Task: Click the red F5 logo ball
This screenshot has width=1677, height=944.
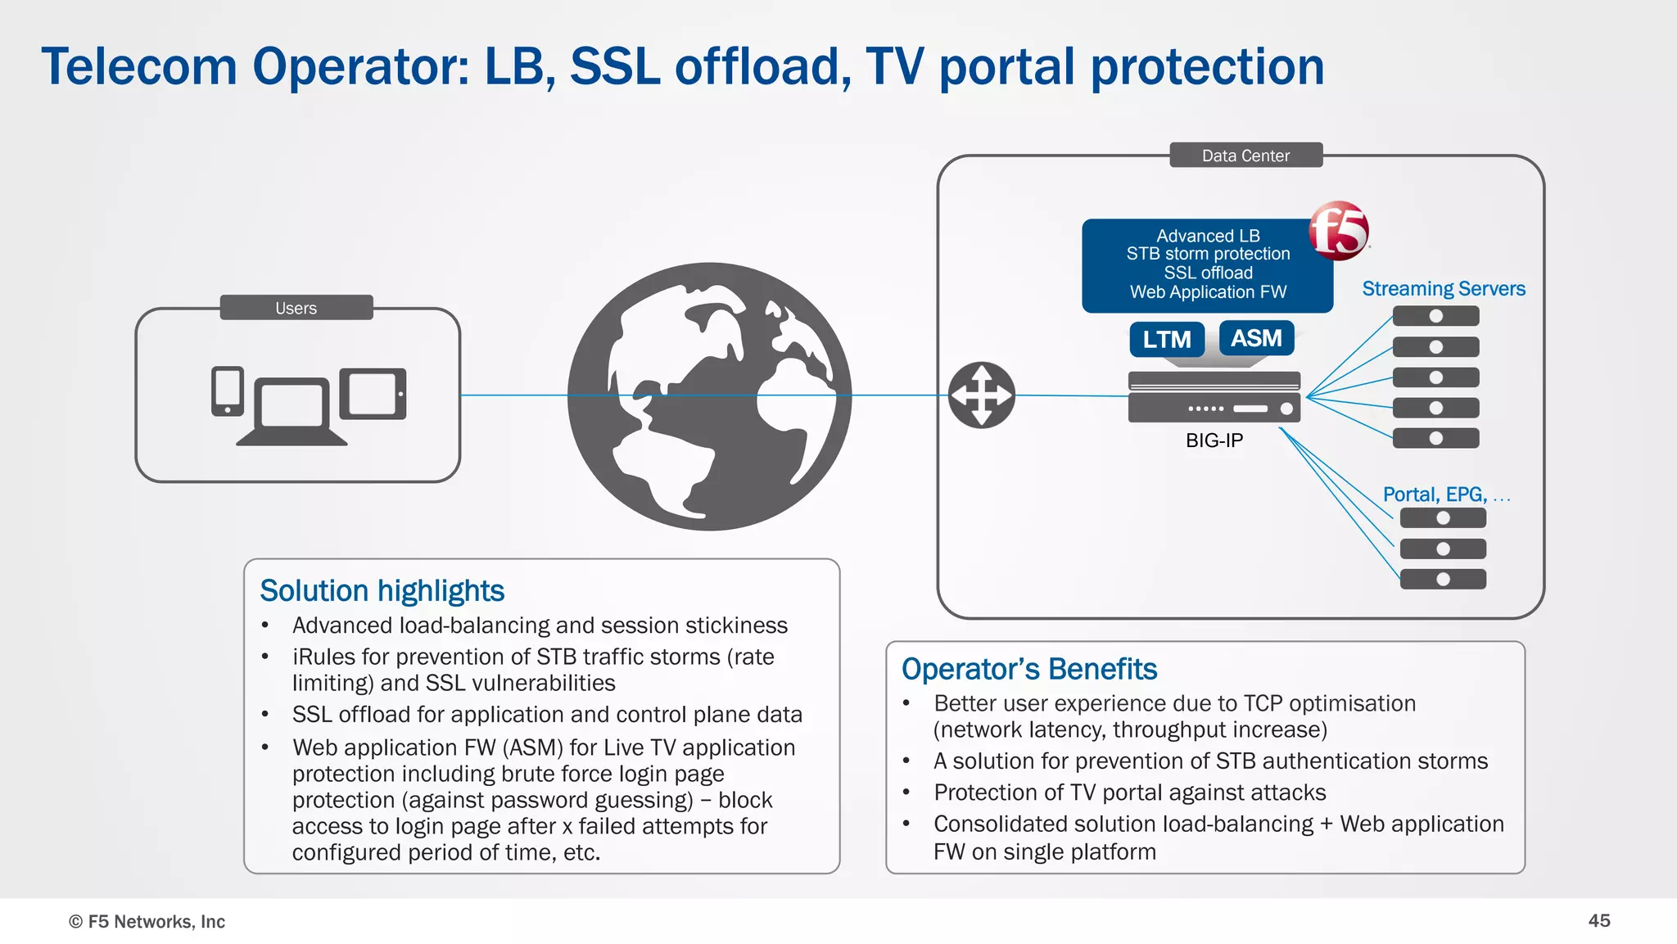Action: [1338, 230]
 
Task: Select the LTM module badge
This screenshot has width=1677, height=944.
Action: [1167, 339]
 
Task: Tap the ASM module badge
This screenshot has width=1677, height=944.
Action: [1256, 338]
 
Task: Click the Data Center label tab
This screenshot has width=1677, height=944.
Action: [1245, 156]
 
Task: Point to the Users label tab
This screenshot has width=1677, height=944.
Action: [296, 308]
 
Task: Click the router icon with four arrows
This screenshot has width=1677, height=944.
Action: [981, 395]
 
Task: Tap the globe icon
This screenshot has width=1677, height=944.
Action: [709, 396]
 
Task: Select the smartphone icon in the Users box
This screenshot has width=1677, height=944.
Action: [228, 391]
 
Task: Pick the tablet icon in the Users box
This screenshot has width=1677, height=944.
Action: [373, 393]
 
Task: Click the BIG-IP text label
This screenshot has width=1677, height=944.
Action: [1214, 440]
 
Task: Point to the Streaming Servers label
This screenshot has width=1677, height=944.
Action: [1443, 289]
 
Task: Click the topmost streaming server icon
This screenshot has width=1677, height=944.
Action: [1435, 316]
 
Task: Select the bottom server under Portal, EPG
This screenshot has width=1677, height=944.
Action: [1443, 580]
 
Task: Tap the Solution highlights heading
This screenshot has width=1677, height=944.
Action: [382, 590]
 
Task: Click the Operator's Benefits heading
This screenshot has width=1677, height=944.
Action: [1028, 669]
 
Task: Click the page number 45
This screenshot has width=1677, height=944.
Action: [1598, 920]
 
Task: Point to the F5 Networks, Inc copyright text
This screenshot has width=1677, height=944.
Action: [147, 921]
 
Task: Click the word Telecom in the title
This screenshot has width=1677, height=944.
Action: [139, 67]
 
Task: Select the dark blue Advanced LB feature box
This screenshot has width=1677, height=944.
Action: [1207, 264]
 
